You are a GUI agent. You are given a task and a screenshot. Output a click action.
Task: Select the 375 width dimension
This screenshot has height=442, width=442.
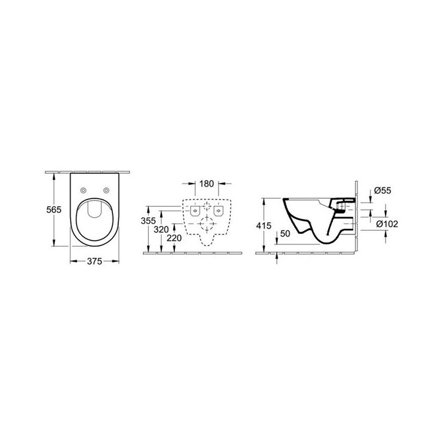tap(93, 261)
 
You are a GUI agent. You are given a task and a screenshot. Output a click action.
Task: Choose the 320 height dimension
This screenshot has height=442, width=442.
tap(161, 229)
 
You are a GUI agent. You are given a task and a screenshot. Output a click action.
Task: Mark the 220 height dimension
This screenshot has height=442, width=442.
tap(174, 237)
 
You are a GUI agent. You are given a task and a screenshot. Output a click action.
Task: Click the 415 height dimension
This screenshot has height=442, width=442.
tap(263, 225)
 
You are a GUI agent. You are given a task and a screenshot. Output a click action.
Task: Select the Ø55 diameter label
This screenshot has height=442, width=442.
tap(382, 191)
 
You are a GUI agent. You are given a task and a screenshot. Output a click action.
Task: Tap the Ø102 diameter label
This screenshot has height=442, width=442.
tap(387, 224)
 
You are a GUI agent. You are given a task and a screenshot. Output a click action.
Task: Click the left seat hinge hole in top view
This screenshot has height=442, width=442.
tap(83, 190)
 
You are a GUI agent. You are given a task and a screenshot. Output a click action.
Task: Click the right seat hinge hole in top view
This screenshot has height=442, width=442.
tap(106, 190)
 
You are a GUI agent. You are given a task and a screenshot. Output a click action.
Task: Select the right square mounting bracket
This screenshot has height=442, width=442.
tap(217, 212)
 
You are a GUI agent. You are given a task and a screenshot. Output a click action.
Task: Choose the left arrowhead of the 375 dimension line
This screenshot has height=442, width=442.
tap(72, 262)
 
